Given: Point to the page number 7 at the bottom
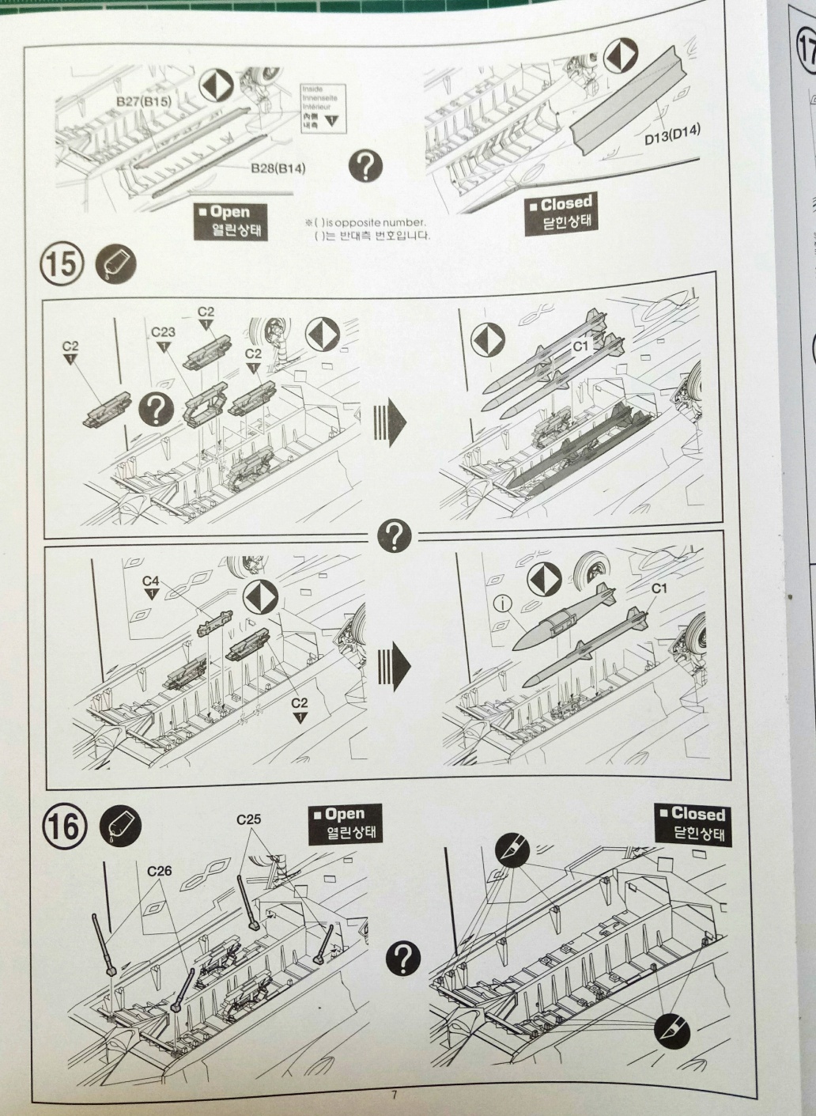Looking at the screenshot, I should [x=392, y=1095].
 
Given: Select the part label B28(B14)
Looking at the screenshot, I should [x=278, y=167].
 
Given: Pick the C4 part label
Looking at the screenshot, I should [x=151, y=581].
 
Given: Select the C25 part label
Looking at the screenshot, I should [x=249, y=819].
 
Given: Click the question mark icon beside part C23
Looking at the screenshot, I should [x=157, y=409].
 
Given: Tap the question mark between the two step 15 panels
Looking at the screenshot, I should [x=399, y=536].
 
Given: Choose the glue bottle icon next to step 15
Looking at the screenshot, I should [x=115, y=264].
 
